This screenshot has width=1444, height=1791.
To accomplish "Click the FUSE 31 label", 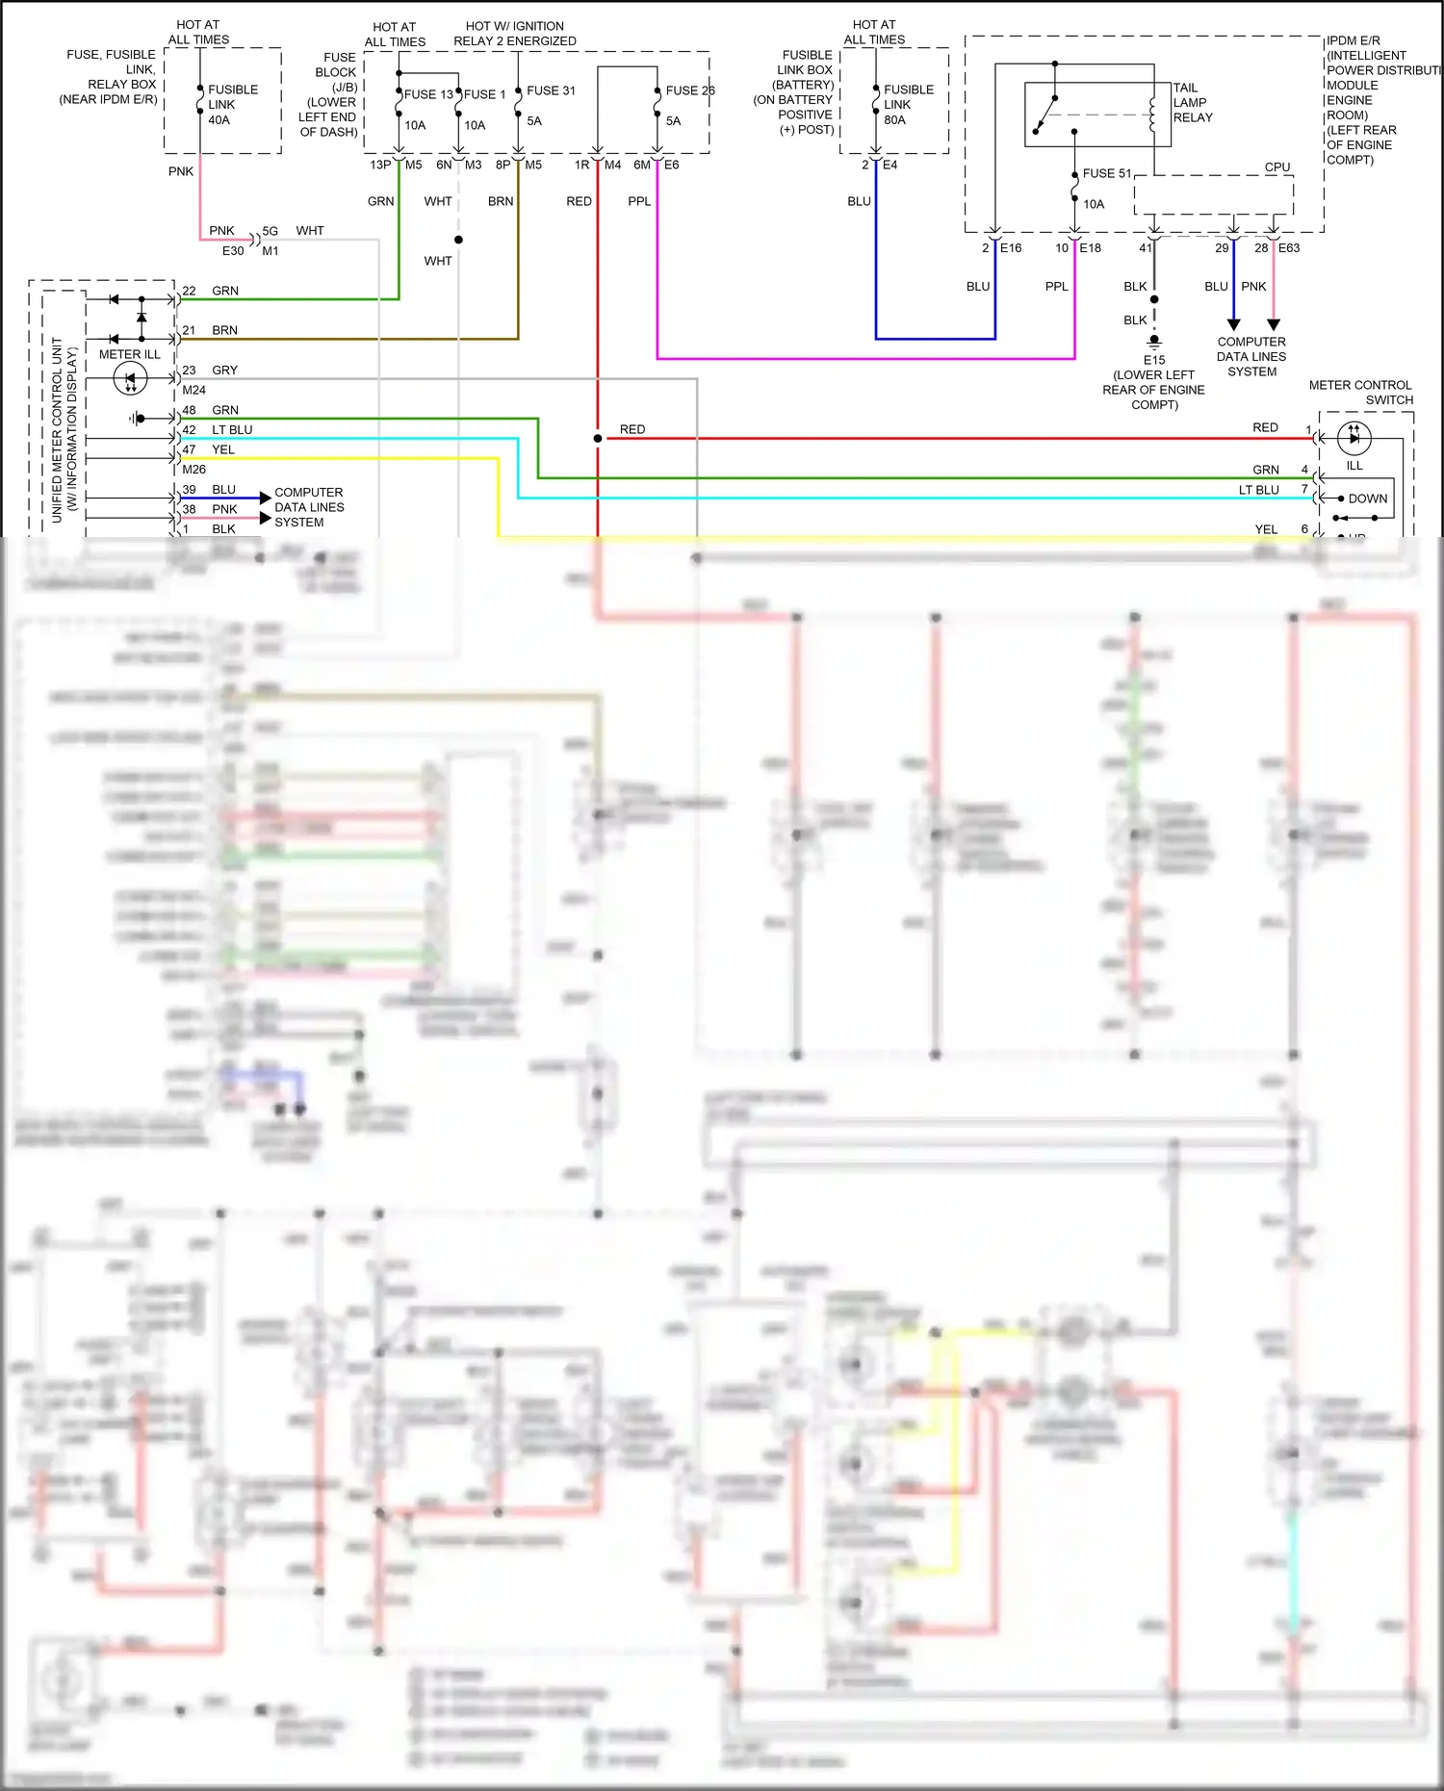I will (x=551, y=90).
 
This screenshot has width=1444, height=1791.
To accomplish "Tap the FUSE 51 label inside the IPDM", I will (x=1106, y=173).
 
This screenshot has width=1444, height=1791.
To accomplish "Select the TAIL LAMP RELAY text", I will (x=1192, y=102).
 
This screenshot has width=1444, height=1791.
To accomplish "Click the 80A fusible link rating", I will (x=894, y=120).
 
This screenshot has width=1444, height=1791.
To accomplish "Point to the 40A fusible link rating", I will (x=219, y=120).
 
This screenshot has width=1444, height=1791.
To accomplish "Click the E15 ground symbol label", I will (x=1153, y=360).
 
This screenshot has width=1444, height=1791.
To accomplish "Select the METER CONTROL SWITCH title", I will (x=1360, y=392).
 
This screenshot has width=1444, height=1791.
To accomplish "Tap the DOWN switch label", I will (x=1367, y=499).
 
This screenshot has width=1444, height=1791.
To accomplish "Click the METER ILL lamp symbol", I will (x=130, y=379).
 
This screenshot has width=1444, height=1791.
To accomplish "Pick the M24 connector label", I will (x=193, y=390).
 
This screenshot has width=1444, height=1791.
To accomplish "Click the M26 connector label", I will (x=193, y=470).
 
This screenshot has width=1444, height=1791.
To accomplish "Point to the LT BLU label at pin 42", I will (x=232, y=430).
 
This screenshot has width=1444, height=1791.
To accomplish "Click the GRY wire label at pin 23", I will (x=224, y=370).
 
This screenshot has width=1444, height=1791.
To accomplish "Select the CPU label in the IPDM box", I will (x=1276, y=166).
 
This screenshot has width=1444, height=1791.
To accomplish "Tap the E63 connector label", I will (x=1289, y=247).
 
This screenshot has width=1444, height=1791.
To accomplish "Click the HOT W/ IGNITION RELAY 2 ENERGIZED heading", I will (x=515, y=34).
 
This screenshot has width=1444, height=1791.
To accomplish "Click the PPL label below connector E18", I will (x=1056, y=286).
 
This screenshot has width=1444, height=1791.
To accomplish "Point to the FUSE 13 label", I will (x=428, y=94).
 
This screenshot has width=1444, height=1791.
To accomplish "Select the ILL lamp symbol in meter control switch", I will (x=1354, y=438).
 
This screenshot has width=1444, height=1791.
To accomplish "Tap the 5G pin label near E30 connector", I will (x=271, y=231).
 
